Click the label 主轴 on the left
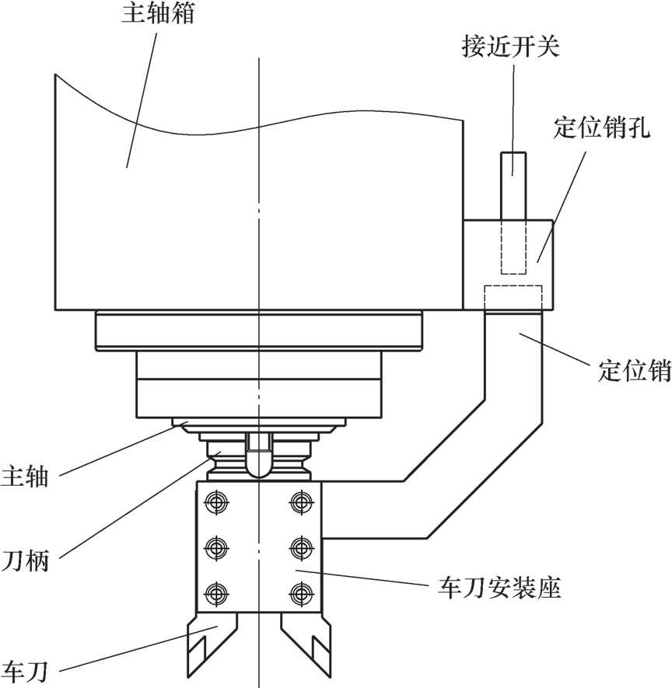click(x=26, y=477)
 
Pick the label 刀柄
click(x=26, y=560)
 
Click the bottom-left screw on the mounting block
click(x=214, y=595)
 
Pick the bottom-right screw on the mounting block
click(x=299, y=595)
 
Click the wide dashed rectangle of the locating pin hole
click(x=513, y=296)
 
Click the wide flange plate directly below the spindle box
click(x=259, y=330)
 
